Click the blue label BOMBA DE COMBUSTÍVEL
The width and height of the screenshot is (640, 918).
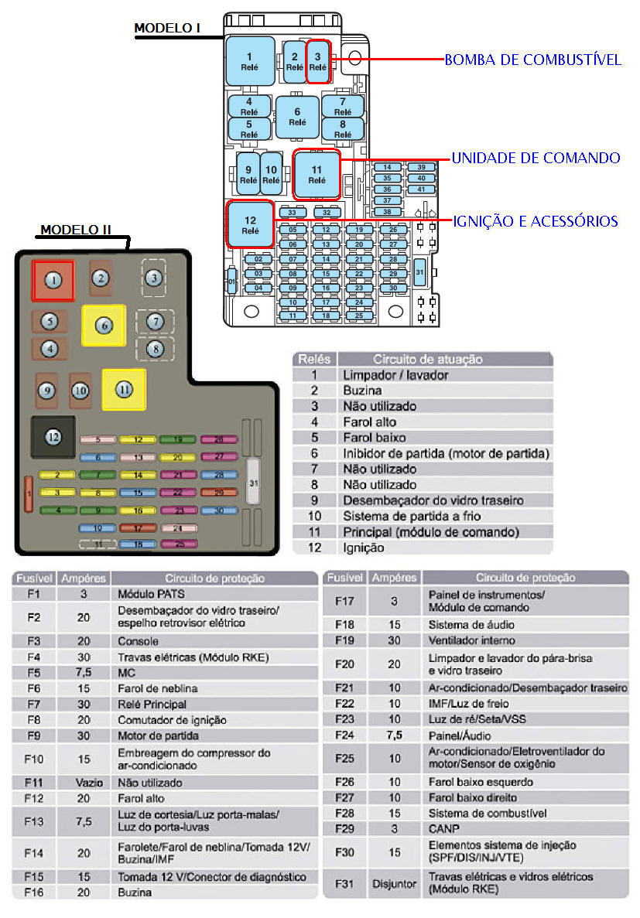pyautogui.click(x=532, y=60)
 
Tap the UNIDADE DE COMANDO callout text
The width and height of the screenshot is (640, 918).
pyautogui.click(x=536, y=158)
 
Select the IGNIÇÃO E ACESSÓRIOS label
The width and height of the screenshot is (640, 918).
pyautogui.click(x=535, y=221)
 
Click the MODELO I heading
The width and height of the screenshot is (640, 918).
pyautogui.click(x=167, y=29)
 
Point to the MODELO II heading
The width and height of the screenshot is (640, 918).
pyautogui.click(x=76, y=230)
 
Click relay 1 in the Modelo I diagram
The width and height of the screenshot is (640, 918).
pyautogui.click(x=249, y=61)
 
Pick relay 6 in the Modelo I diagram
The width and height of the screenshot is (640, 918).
pyautogui.click(x=297, y=116)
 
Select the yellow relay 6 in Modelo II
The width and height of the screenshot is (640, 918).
pyautogui.click(x=104, y=326)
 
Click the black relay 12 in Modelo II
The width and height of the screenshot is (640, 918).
pyautogui.click(x=53, y=437)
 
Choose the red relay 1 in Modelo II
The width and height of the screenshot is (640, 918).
pyautogui.click(x=53, y=280)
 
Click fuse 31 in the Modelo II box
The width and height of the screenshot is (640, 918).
pyautogui.click(x=253, y=483)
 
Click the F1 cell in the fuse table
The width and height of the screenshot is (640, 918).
pyautogui.click(x=33, y=594)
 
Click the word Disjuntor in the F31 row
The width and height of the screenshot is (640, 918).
pyautogui.click(x=394, y=883)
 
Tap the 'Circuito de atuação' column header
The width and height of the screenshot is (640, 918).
pyautogui.click(x=428, y=359)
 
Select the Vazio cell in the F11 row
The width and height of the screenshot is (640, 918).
pyautogui.click(x=84, y=782)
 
